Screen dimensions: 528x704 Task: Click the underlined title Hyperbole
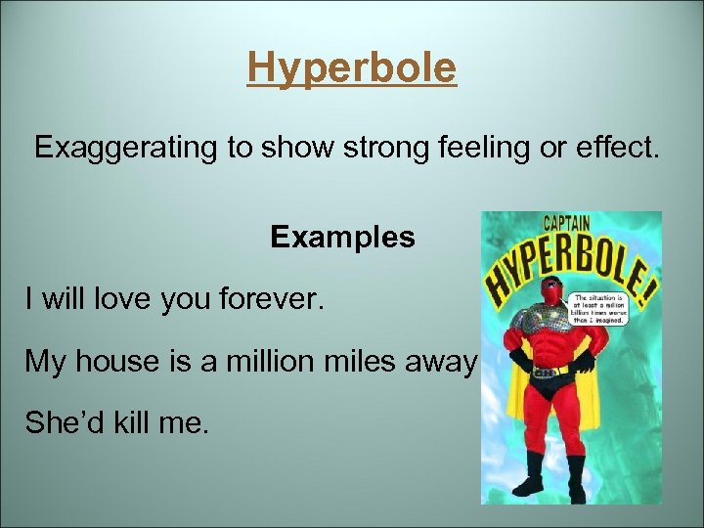(x=351, y=68)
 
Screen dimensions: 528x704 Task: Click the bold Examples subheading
(x=342, y=238)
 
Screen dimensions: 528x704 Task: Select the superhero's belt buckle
(x=550, y=373)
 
